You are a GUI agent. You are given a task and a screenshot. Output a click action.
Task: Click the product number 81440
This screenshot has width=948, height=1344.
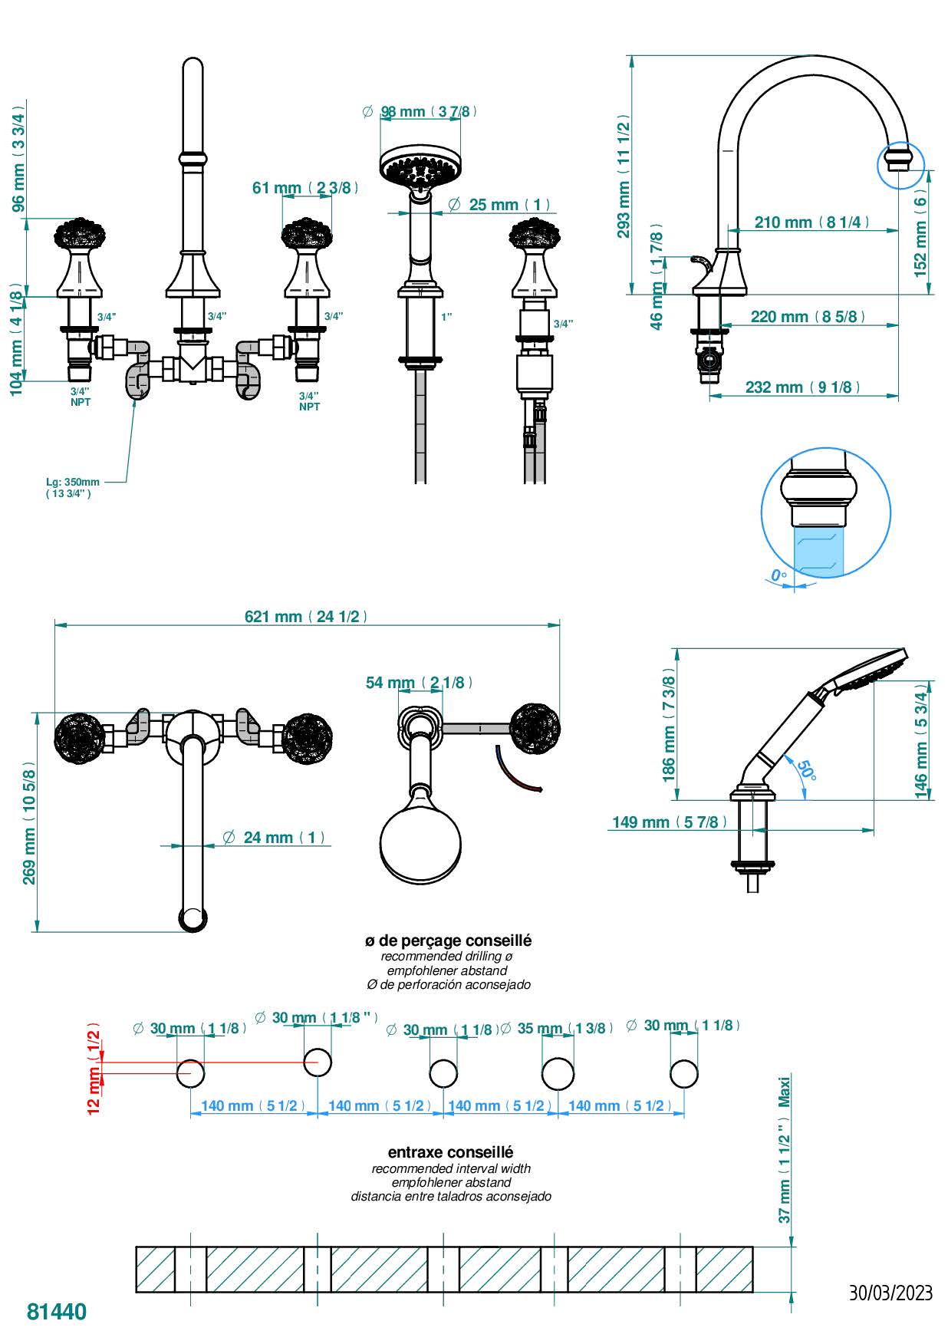[57, 1312]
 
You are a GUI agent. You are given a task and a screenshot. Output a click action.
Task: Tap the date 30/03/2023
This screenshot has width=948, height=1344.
[890, 1293]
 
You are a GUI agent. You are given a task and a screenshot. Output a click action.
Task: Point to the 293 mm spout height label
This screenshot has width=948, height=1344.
[624, 177]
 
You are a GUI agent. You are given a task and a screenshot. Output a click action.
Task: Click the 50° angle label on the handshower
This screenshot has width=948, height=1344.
[805, 770]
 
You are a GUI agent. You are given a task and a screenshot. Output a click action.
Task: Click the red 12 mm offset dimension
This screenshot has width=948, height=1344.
[94, 1067]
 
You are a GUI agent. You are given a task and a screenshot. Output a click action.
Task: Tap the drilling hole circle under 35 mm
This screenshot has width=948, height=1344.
[558, 1073]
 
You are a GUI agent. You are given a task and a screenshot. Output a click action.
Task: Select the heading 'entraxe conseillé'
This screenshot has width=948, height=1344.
[450, 1152]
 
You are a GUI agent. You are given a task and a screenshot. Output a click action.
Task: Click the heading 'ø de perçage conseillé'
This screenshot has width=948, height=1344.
[448, 940]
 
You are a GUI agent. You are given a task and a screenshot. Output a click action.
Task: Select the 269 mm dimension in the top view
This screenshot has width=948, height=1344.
[29, 822]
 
